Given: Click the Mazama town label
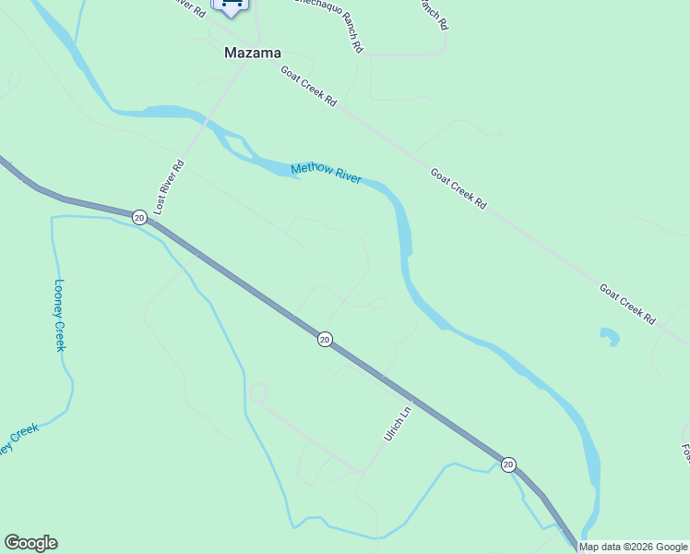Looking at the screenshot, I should (252, 54).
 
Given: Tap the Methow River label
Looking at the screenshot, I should (326, 174).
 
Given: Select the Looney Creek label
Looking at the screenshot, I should (60, 315).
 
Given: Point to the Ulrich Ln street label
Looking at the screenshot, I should (396, 423).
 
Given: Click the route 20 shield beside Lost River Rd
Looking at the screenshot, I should (138, 217).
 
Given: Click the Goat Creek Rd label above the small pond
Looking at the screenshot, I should (627, 304).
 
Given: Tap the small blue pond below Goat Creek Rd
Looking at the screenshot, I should (608, 336).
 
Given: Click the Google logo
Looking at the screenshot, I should (30, 543).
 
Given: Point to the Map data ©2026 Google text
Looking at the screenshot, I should (633, 548).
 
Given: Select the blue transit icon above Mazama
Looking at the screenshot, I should (231, 6).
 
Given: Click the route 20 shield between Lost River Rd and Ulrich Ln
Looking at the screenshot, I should (324, 340).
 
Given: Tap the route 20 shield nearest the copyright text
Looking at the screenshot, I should (508, 464).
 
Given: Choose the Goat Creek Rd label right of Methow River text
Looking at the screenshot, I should (458, 187).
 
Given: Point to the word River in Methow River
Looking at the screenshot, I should (347, 177).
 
